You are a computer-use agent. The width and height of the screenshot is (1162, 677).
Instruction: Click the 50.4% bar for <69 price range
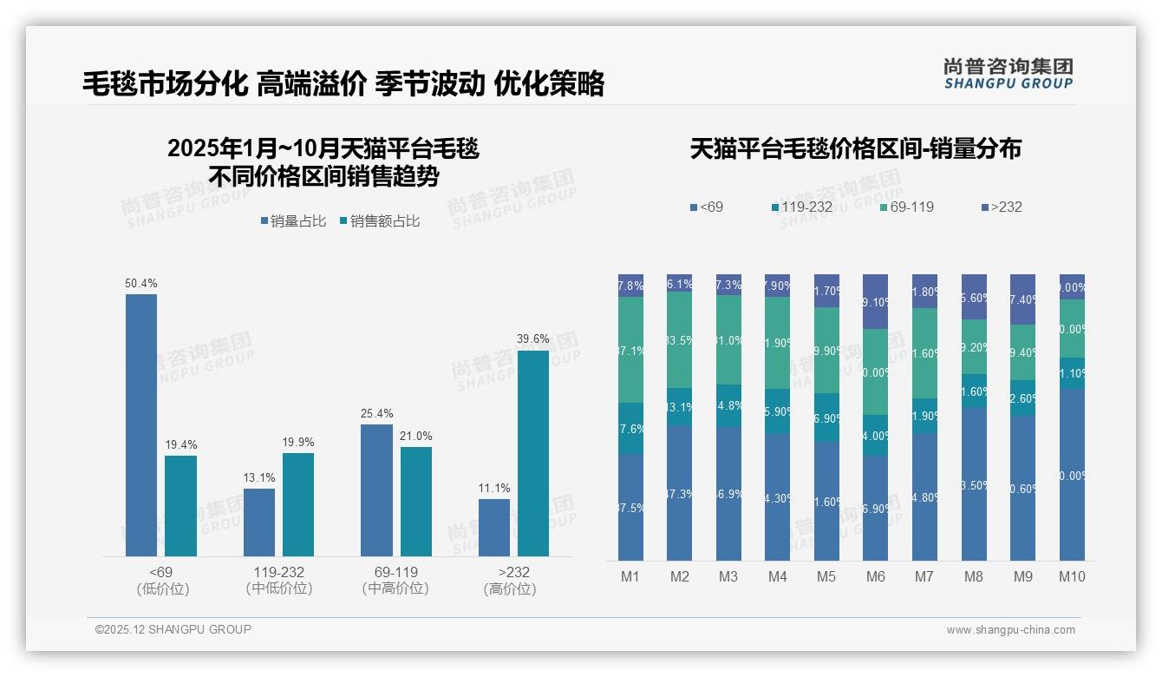tap(141, 425)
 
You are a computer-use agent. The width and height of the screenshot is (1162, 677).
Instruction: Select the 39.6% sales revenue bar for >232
tap(532, 453)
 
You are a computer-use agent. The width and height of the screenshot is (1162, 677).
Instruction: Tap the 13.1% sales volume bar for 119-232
tap(258, 523)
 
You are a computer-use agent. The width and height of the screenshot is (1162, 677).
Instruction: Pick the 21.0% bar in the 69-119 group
tap(415, 502)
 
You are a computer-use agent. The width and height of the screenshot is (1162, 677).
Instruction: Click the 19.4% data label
tap(181, 445)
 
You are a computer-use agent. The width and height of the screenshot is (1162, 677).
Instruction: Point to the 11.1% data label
tap(493, 489)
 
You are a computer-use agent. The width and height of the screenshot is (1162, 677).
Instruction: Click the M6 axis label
tap(875, 576)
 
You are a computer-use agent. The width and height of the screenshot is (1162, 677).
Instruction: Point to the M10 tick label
tap(1072, 576)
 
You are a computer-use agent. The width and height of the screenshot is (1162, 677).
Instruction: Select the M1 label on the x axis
tap(630, 576)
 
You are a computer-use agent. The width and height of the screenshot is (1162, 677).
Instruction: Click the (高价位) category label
tap(509, 588)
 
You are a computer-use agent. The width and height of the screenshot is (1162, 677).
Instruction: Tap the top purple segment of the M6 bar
tap(875, 301)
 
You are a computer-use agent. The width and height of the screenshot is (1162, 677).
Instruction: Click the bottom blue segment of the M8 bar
tap(974, 484)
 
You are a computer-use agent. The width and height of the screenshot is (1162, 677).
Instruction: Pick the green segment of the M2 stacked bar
tap(679, 339)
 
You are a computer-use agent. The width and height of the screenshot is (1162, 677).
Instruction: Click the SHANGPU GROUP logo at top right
tap(1008, 74)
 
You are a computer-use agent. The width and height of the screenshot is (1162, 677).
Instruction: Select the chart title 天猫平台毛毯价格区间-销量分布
tap(855, 149)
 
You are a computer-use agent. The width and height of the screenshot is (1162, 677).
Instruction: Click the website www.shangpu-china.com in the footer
tap(1010, 630)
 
